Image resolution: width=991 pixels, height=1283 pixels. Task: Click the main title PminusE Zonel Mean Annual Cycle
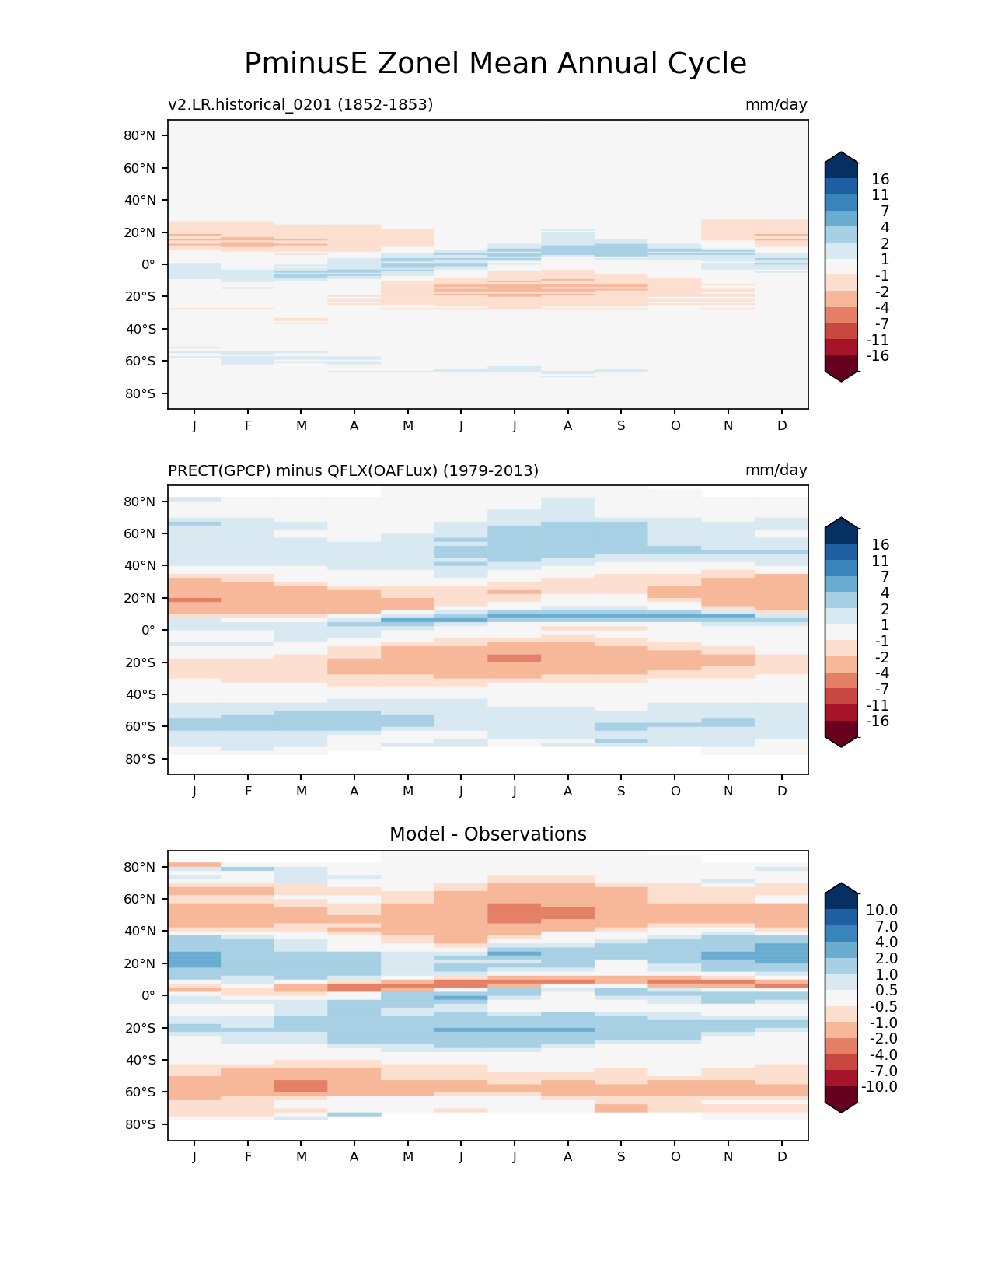[x=495, y=64]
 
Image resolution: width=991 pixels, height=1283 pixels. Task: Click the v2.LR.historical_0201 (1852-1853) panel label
[x=300, y=104]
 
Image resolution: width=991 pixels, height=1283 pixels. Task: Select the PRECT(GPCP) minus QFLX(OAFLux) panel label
[x=353, y=470]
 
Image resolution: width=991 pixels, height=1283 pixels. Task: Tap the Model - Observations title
[x=487, y=834]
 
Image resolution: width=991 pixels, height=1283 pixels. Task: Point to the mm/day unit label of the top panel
[x=776, y=104]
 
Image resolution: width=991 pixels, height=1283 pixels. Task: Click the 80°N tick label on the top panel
[x=140, y=135]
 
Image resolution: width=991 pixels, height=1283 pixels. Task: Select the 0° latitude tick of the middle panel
[x=148, y=631]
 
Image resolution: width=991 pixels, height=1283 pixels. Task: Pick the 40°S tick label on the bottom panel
[x=140, y=1060]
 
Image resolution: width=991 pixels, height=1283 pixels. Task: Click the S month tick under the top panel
[x=621, y=425]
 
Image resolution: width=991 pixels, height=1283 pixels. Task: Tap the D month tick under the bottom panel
[x=782, y=1156]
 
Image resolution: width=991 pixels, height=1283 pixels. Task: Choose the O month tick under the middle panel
[x=675, y=791]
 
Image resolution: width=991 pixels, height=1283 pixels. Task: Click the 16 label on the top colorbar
[x=880, y=179]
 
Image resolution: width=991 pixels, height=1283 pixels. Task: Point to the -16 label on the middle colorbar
[x=878, y=722]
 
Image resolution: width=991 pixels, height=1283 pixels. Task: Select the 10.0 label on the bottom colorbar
[x=881, y=910]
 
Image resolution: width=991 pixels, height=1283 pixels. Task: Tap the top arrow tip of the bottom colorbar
[x=842, y=884]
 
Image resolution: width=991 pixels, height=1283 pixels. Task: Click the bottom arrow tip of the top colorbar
[x=842, y=381]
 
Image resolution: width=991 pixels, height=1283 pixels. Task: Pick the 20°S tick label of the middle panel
[x=140, y=662]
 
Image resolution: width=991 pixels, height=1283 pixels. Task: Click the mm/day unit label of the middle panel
[x=776, y=470]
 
